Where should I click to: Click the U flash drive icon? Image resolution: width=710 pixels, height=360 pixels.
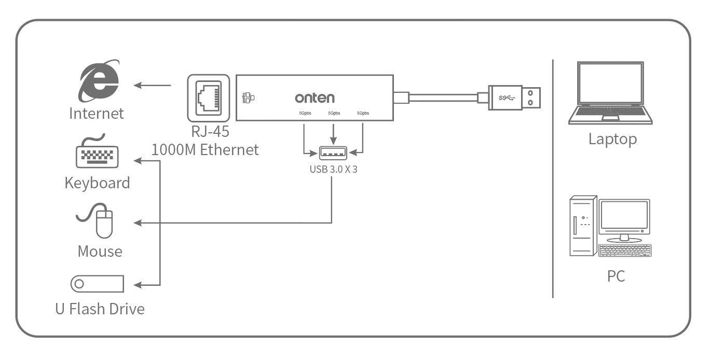tap(97, 284)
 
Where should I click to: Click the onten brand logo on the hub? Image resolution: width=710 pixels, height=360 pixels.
tap(315, 98)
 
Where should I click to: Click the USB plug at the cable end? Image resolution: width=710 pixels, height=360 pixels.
tap(514, 98)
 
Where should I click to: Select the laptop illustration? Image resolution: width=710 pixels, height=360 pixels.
tap(610, 93)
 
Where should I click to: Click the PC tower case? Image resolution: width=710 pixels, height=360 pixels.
tap(583, 226)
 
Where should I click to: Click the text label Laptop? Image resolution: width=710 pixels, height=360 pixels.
tap(612, 139)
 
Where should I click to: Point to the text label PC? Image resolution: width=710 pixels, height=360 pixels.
tap(616, 276)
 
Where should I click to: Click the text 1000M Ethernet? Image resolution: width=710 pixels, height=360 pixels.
tap(205, 150)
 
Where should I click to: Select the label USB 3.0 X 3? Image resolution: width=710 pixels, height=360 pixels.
tap(333, 169)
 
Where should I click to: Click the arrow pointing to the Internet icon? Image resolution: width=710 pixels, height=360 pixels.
tap(153, 85)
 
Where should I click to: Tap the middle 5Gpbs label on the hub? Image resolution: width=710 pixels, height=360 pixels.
tap(334, 113)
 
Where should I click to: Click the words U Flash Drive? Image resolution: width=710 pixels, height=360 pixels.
tap(100, 309)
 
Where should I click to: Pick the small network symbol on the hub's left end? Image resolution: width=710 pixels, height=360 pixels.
tap(249, 98)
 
